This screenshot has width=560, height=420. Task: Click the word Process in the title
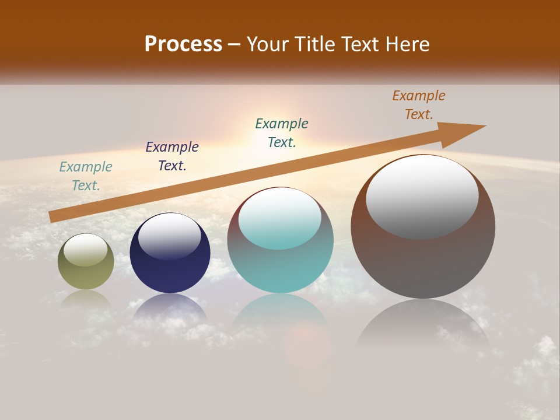tap(183, 44)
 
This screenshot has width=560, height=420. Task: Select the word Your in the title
tap(265, 44)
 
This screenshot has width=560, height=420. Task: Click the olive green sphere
tap(86, 274)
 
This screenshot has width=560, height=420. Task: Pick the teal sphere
tap(281, 268)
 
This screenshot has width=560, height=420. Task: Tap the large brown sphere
tap(423, 262)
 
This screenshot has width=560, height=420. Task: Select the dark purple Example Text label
tap(172, 156)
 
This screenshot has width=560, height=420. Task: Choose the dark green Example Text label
tap(282, 133)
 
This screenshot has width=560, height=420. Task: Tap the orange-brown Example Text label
tap(419, 105)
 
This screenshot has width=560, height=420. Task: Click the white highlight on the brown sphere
tap(422, 197)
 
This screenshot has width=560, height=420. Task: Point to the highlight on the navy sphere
tap(170, 236)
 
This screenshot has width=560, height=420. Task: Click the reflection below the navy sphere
tap(170, 309)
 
